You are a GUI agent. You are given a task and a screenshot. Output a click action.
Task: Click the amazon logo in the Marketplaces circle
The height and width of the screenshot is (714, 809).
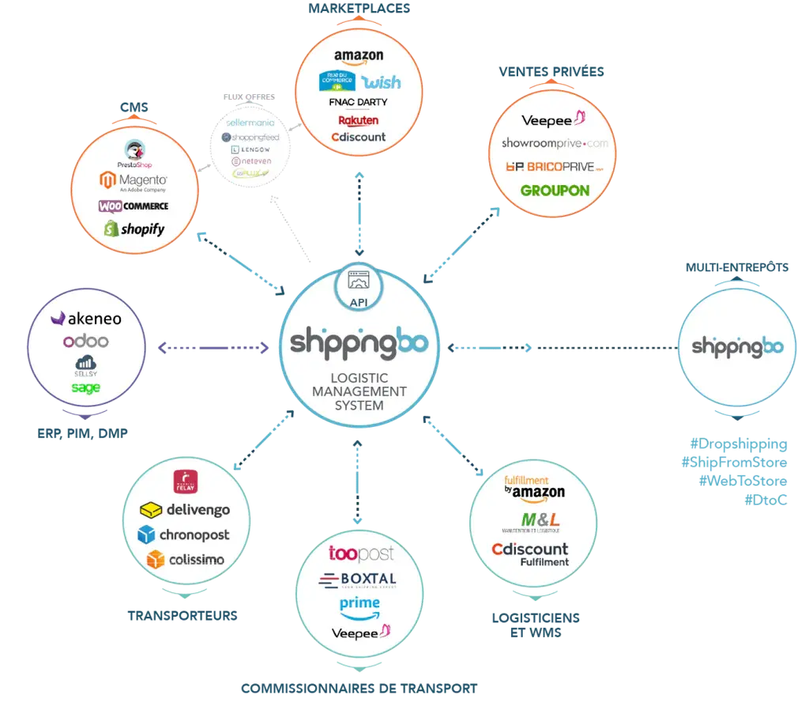point(358,56)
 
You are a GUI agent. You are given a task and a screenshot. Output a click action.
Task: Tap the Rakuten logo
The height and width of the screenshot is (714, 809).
point(358,120)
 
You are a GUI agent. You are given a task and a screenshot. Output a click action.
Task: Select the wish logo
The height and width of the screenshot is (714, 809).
point(381,82)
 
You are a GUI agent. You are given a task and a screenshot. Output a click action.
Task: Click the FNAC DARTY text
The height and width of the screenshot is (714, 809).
point(358,103)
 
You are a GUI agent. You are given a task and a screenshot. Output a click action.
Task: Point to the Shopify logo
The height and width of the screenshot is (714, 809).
point(134,229)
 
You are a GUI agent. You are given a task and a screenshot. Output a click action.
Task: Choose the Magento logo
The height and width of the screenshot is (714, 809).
point(133,182)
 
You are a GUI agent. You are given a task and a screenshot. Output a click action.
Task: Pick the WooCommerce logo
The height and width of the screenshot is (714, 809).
point(134,206)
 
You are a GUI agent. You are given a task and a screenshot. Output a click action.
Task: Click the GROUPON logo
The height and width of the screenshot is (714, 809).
point(555,191)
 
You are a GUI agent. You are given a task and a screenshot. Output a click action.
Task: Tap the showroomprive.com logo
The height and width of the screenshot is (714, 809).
point(555,143)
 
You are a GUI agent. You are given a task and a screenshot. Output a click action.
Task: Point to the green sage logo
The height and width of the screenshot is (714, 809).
point(85,387)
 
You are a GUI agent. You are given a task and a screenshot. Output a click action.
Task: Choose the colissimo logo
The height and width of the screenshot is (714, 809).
point(185,560)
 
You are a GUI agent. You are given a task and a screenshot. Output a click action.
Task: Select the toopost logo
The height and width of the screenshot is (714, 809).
point(360,553)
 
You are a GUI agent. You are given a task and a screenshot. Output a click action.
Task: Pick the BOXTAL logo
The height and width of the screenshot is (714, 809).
point(358,580)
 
